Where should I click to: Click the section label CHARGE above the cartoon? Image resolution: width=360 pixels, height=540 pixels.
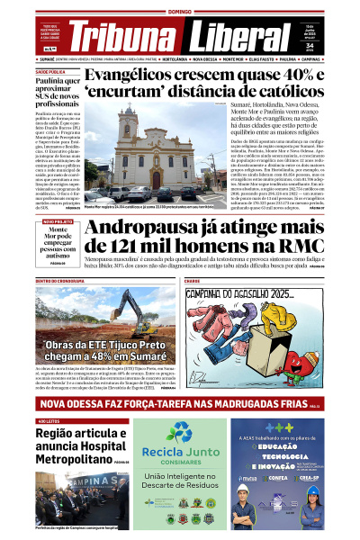tap(193, 282)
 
